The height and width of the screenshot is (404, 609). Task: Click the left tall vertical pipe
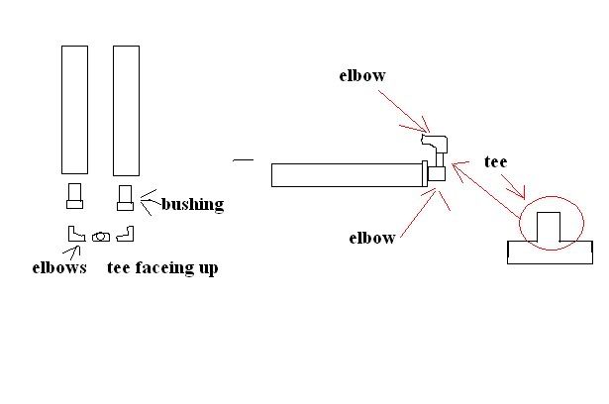point(74,109)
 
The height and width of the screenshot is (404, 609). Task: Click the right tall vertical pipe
point(126,109)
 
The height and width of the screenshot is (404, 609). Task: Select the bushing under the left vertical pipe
point(74,196)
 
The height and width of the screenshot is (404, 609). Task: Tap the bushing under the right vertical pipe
point(125,196)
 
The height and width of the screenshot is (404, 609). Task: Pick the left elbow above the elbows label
point(73,235)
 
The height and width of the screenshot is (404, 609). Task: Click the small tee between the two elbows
point(100,237)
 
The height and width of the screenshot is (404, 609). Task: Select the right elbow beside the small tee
point(125,235)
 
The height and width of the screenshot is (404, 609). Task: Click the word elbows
point(58,267)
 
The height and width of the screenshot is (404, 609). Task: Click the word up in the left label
point(207,268)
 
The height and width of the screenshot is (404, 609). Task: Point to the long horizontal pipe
point(347,175)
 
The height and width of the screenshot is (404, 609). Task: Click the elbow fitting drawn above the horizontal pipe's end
point(435,143)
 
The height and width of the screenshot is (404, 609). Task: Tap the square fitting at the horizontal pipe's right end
point(437,173)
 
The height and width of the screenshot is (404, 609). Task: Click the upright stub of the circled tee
point(549,226)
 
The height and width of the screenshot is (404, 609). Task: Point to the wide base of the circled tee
point(549,252)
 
